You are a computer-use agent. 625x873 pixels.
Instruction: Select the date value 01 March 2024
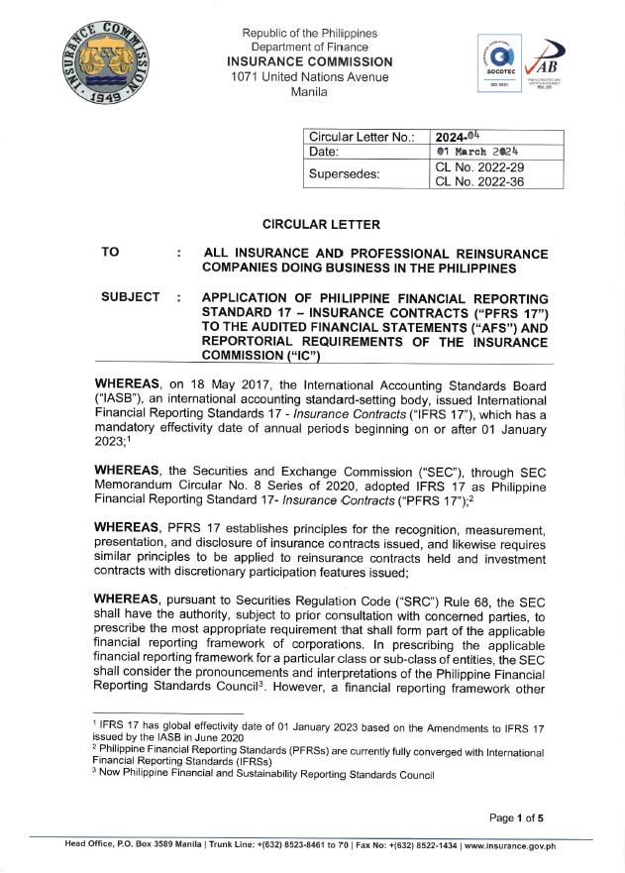[x=478, y=153]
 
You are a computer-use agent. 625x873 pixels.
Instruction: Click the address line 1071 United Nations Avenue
[x=309, y=77]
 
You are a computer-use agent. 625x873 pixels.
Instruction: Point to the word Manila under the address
[x=309, y=92]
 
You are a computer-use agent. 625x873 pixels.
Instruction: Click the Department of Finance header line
[x=309, y=48]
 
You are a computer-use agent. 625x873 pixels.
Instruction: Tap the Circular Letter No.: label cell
[x=362, y=137]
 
